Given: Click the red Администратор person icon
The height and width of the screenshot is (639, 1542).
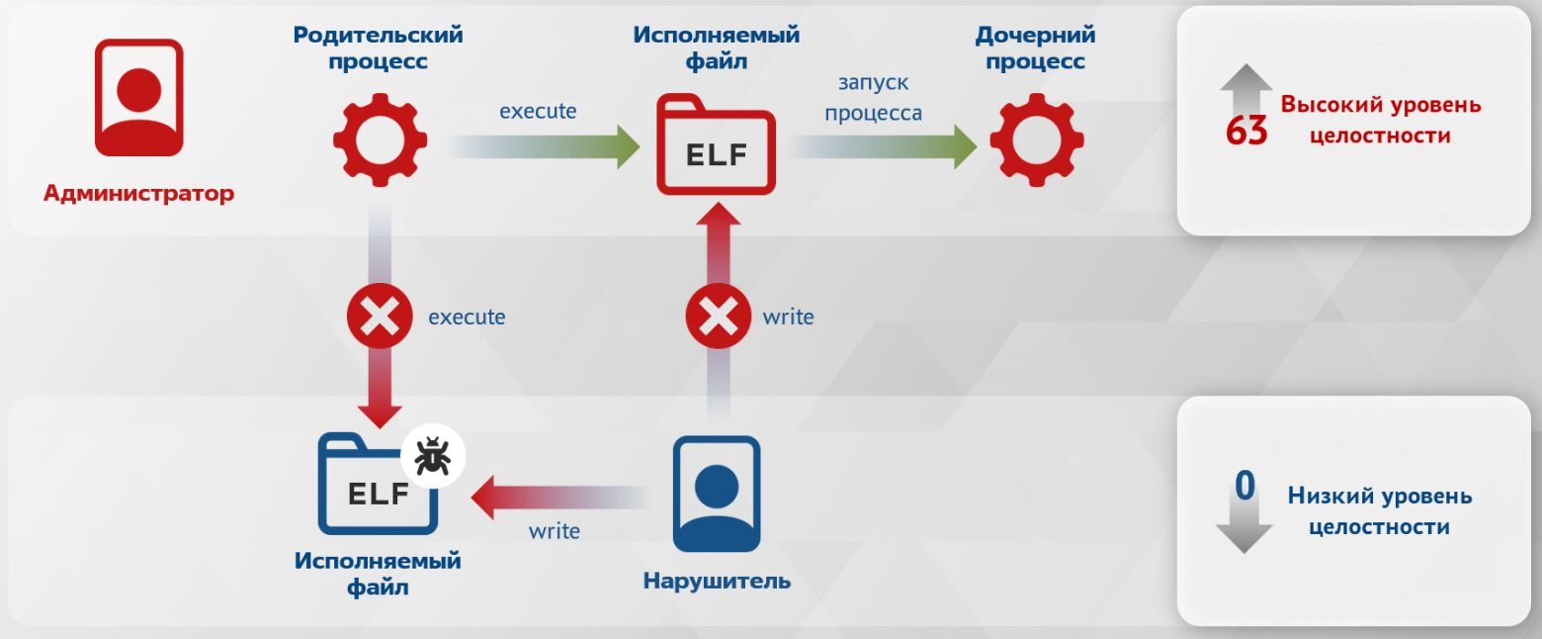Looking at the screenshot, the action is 139,97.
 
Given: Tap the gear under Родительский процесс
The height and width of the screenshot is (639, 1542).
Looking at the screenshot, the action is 380,139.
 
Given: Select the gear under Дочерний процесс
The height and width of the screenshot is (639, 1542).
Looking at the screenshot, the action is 1037,139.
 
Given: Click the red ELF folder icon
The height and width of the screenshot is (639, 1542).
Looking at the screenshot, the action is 716,144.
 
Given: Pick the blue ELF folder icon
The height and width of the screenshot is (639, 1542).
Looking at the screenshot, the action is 378,484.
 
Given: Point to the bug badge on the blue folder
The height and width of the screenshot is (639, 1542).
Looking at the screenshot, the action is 433,456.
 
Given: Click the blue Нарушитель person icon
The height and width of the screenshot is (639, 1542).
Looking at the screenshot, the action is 717,494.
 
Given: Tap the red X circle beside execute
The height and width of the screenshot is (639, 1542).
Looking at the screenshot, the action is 380,317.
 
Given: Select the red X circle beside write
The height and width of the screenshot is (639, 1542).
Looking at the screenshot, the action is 718,317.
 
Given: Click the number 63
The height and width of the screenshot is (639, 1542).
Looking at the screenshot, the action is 1246,131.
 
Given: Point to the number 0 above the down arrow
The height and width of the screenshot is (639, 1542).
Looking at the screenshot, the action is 1244,486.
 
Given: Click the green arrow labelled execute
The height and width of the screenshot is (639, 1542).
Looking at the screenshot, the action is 544,146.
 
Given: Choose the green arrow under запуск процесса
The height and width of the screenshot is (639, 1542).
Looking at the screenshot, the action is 883,146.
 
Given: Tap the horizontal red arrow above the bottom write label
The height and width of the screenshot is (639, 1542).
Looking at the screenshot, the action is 559,498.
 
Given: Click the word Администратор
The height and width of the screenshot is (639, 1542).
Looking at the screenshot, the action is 139,193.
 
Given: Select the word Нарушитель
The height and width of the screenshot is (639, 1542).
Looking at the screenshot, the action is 717,582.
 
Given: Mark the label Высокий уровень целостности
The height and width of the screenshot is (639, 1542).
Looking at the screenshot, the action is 1380,120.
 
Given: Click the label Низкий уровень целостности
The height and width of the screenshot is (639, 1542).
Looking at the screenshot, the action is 1380,511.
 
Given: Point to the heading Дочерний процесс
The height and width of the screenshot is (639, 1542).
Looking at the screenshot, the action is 1035,47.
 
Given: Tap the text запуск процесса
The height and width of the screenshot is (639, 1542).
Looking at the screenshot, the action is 873,97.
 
